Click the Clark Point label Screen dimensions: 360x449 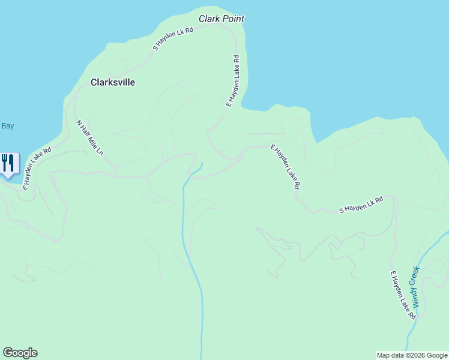(x=221, y=19)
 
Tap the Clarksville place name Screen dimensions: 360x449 (x=112, y=82)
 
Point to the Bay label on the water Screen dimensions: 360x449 (x=7, y=126)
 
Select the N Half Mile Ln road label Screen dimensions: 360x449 (x=89, y=138)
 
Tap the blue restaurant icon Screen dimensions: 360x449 (x=8, y=164)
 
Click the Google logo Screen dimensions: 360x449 (x=20, y=353)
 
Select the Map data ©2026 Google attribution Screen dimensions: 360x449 (x=412, y=355)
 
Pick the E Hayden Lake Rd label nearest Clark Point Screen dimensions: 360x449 (x=232, y=81)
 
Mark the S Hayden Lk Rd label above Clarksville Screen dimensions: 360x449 (x=173, y=38)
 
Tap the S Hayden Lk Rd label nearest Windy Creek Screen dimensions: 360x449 (x=361, y=205)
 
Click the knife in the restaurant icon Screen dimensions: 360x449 (x=11, y=162)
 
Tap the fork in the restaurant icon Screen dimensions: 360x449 (x=5, y=162)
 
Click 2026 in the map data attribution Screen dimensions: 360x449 (x=417, y=355)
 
